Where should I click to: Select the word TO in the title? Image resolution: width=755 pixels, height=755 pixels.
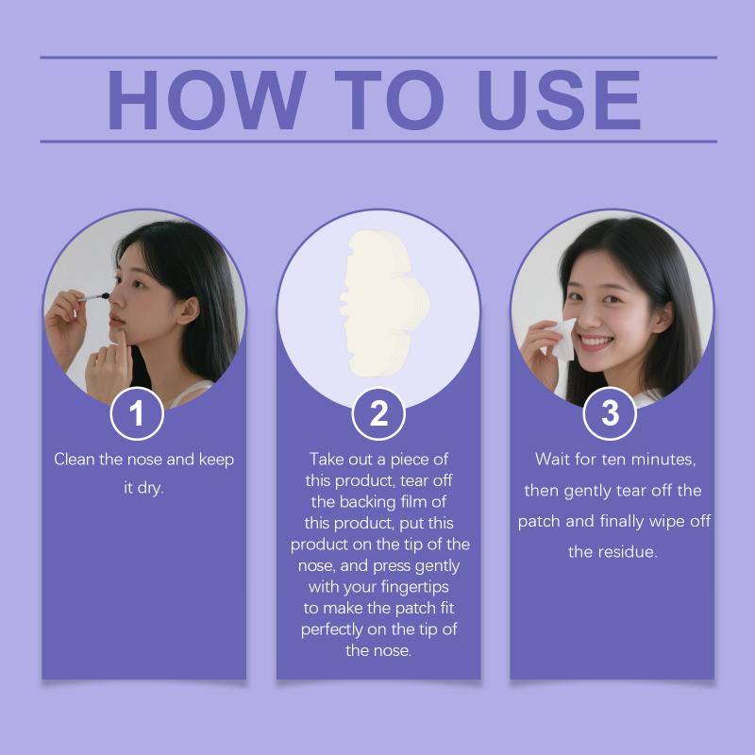click(389, 100)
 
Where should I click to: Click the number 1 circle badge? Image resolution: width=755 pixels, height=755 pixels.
click(137, 413)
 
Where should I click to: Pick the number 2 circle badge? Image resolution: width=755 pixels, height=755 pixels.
click(378, 413)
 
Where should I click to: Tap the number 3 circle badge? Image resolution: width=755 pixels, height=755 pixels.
click(610, 413)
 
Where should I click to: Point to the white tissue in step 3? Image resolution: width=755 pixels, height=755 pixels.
click(561, 340)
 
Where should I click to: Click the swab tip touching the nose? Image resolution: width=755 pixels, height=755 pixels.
click(104, 296)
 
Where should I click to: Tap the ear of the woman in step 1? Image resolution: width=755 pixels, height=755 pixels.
click(188, 311)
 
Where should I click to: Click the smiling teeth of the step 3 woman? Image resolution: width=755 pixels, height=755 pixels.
click(596, 343)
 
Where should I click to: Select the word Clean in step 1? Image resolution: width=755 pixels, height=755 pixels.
click(75, 459)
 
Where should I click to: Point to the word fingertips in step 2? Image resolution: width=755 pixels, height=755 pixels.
click(414, 587)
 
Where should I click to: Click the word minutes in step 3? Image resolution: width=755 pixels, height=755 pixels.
click(663, 460)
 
